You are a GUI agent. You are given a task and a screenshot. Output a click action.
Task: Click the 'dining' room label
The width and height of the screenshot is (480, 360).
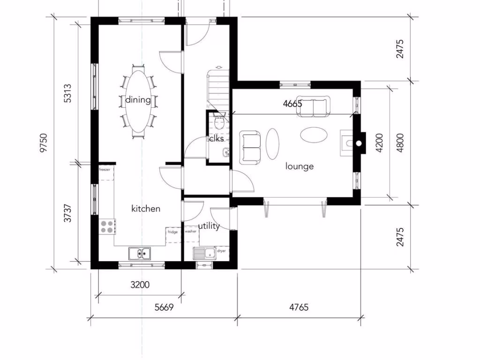click(138, 100)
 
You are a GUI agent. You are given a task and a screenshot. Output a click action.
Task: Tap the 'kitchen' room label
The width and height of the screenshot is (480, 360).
click(146, 209)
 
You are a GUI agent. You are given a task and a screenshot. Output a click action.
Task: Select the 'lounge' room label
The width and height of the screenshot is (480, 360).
click(300, 166)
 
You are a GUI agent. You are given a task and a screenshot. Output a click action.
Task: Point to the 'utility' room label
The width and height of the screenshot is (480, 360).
click(209, 226)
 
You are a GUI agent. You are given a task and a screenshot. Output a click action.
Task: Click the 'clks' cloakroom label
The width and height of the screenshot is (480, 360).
click(217, 139)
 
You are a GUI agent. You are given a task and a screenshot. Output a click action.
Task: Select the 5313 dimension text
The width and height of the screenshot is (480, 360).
click(67, 94)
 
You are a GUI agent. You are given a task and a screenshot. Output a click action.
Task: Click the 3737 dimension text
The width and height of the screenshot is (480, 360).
click(67, 212)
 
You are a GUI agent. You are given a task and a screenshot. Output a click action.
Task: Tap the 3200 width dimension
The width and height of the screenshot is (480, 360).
click(140, 285)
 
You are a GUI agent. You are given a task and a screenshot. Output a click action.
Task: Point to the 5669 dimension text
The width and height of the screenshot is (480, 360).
click(164, 307)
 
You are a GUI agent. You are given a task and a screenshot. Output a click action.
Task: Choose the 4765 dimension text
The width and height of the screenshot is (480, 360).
click(299, 307)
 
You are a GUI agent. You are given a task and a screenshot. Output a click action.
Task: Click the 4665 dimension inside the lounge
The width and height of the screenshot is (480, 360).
click(292, 104)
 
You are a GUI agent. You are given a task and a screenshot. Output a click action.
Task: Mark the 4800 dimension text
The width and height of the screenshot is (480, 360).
click(399, 143)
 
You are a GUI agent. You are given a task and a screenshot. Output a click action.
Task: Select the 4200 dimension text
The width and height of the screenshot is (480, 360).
click(379, 143)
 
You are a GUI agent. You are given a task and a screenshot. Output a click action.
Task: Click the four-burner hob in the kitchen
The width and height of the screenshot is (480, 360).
click(106, 226)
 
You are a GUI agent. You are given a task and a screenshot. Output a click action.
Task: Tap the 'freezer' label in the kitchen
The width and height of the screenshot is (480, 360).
click(105, 170)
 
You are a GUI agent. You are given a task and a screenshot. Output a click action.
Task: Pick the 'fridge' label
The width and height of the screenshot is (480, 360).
click(172, 232)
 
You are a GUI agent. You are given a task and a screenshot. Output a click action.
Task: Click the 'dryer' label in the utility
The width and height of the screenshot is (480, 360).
click(221, 251)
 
